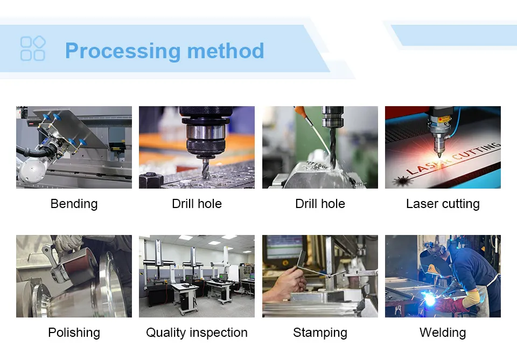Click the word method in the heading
coord(226,51)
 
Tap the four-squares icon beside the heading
coord(33,49)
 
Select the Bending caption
coord(74,204)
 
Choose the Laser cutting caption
coord(443,204)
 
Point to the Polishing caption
coord(74,333)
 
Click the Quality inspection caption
coord(197,333)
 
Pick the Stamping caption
coord(320,333)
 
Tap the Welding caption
coord(443,333)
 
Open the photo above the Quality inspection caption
coord(197,276)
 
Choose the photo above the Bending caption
coord(74,147)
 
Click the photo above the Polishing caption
coord(74,276)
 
